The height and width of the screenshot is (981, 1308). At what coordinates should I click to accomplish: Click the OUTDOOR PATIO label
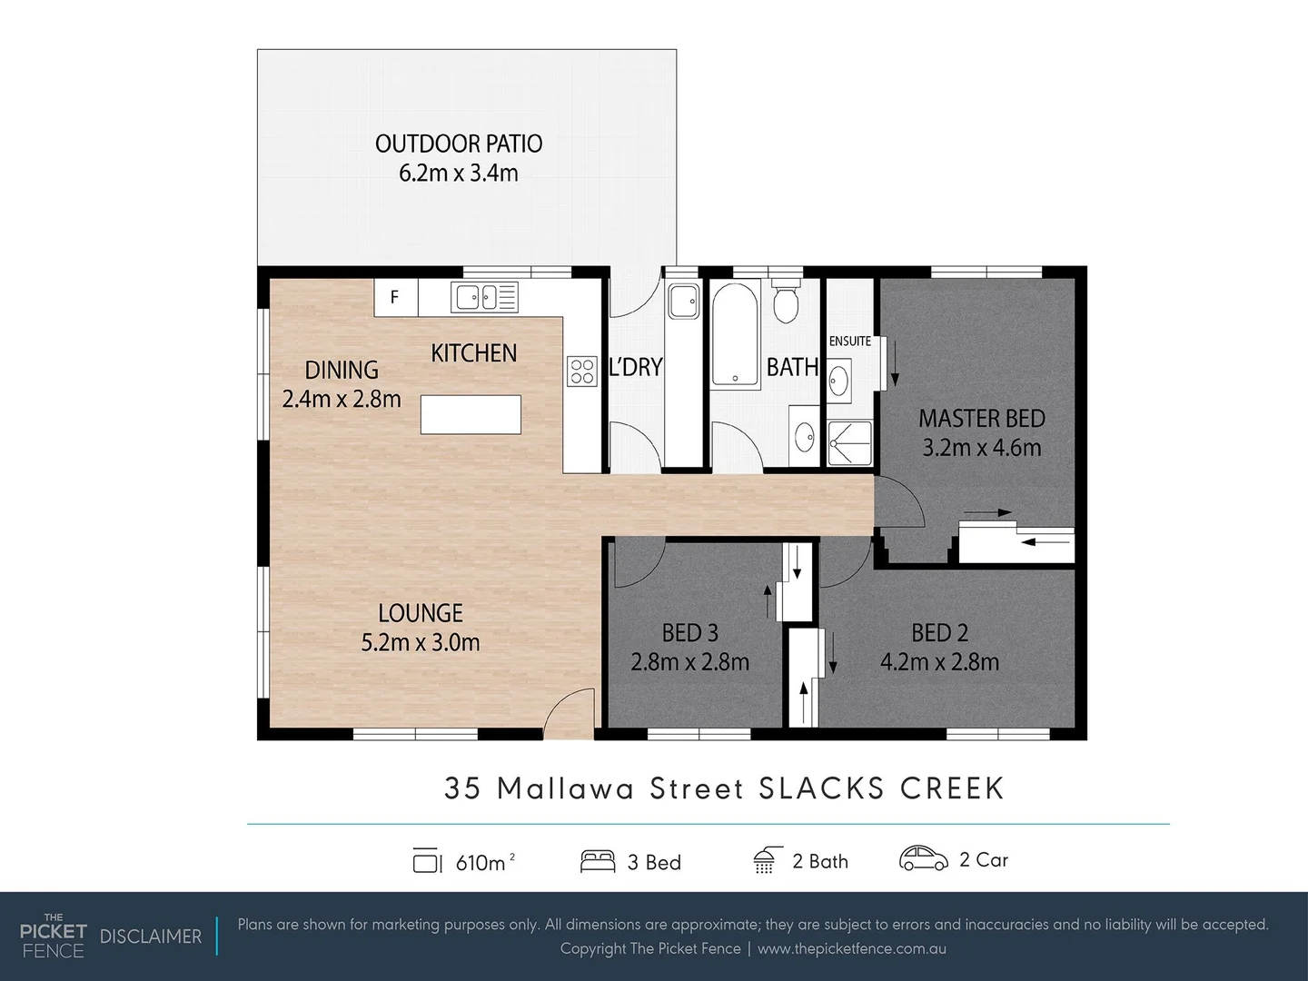coord(459,144)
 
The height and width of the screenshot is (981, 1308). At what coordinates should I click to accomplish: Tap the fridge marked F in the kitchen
coord(395,297)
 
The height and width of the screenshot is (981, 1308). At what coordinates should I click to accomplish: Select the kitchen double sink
coord(484,297)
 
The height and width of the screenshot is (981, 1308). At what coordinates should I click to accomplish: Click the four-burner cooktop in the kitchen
coord(581,371)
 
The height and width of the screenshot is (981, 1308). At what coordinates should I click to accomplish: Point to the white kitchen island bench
coord(471,415)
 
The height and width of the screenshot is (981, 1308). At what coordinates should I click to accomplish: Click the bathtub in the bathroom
coord(735,335)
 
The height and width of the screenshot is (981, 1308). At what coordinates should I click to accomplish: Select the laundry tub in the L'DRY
coord(682,301)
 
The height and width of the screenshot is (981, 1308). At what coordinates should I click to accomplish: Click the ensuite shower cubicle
coord(850,443)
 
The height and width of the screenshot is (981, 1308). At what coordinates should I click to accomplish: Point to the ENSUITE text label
coord(849,342)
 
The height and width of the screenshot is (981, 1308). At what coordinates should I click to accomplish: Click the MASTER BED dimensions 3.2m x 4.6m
coord(981,448)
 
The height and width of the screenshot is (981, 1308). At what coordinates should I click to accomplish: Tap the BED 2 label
coord(939,632)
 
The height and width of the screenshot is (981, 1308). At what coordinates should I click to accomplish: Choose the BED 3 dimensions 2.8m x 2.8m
coord(689,662)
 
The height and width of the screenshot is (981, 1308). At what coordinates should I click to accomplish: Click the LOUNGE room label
coord(421,613)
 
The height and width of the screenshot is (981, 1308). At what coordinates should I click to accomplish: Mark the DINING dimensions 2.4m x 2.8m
coord(342,400)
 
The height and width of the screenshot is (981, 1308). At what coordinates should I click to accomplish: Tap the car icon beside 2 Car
coord(923,859)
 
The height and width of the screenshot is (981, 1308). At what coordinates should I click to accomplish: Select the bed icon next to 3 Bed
coord(598,861)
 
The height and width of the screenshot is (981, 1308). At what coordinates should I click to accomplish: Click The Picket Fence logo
coord(53,936)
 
